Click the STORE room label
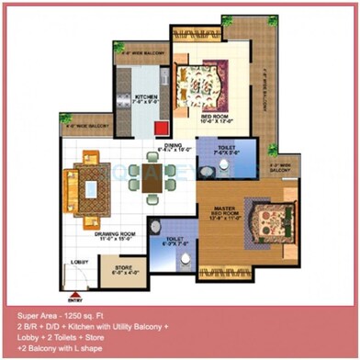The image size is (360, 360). click(124, 270)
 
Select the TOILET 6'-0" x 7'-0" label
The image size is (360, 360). click(174, 242)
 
